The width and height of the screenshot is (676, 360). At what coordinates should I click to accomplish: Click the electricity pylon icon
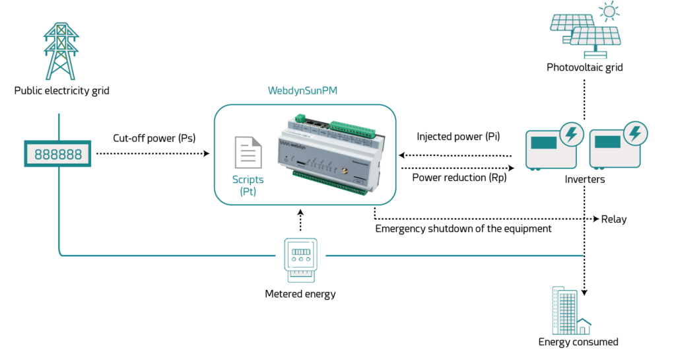61,52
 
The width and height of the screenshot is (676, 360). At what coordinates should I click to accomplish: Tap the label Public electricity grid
61,90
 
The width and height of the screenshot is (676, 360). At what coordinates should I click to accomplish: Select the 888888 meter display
58,153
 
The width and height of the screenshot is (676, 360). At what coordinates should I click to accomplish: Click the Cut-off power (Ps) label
154,138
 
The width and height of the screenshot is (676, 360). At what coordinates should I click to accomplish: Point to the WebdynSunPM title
302,90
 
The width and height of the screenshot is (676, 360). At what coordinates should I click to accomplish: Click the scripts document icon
248,152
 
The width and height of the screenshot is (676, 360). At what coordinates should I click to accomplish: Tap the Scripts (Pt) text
248,186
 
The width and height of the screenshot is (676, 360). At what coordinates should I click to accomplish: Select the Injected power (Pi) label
458,136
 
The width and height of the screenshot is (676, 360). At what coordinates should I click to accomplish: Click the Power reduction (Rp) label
459,178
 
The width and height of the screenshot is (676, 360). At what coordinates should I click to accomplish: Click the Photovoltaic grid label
585,67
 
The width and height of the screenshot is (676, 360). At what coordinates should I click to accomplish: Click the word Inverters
585,180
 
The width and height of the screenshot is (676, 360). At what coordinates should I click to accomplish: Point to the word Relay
614,219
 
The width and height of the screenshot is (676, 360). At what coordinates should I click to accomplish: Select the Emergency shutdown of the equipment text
463,229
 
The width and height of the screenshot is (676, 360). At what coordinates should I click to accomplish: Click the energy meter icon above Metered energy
300,260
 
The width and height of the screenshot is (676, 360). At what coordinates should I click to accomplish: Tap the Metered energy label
300,294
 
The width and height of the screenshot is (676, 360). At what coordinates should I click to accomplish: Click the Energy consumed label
578,342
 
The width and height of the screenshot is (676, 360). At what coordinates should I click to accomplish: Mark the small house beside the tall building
583,326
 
